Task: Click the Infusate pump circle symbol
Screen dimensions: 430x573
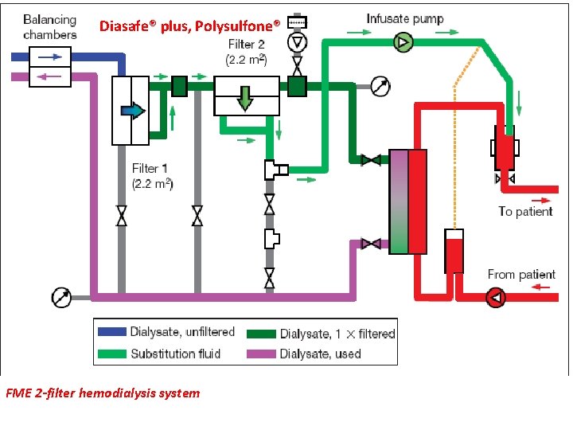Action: coord(403,42)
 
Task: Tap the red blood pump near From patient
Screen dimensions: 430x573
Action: coord(496,298)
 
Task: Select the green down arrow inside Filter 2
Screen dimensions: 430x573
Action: coord(246,98)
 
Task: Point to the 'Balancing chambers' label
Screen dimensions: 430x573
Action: coord(49,26)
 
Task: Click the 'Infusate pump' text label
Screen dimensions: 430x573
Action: coord(405,18)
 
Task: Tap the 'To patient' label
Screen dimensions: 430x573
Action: coord(525,211)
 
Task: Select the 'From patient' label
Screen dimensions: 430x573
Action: coord(521,274)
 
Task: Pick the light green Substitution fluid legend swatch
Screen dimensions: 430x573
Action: coord(111,353)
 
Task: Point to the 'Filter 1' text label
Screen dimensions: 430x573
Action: coord(150,168)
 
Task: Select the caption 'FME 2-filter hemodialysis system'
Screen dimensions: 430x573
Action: coord(103,393)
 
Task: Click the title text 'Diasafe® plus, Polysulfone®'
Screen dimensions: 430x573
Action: coord(189,26)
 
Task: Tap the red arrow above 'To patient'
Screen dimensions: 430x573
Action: coord(539,200)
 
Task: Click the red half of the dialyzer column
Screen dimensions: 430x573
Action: coord(417,201)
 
